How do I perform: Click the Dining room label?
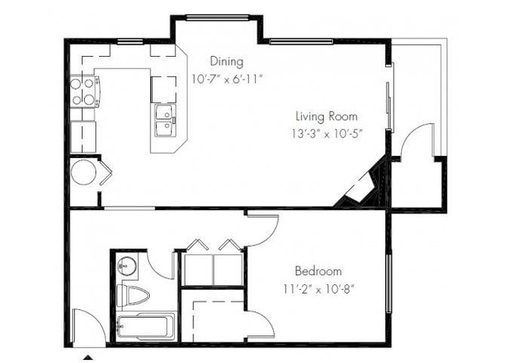point(227,62)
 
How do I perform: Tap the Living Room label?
point(325,116)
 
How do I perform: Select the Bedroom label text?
point(317,271)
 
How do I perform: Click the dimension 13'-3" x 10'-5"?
point(325,132)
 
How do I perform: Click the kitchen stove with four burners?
point(83,90)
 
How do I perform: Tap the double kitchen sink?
point(165,120)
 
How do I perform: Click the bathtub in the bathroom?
point(144,327)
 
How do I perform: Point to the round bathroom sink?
point(126,266)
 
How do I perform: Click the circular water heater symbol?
point(83,172)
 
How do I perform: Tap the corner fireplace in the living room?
point(360,189)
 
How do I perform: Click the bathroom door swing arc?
point(164,265)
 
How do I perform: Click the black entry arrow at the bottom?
point(88,358)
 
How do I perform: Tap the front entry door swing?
point(87,327)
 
